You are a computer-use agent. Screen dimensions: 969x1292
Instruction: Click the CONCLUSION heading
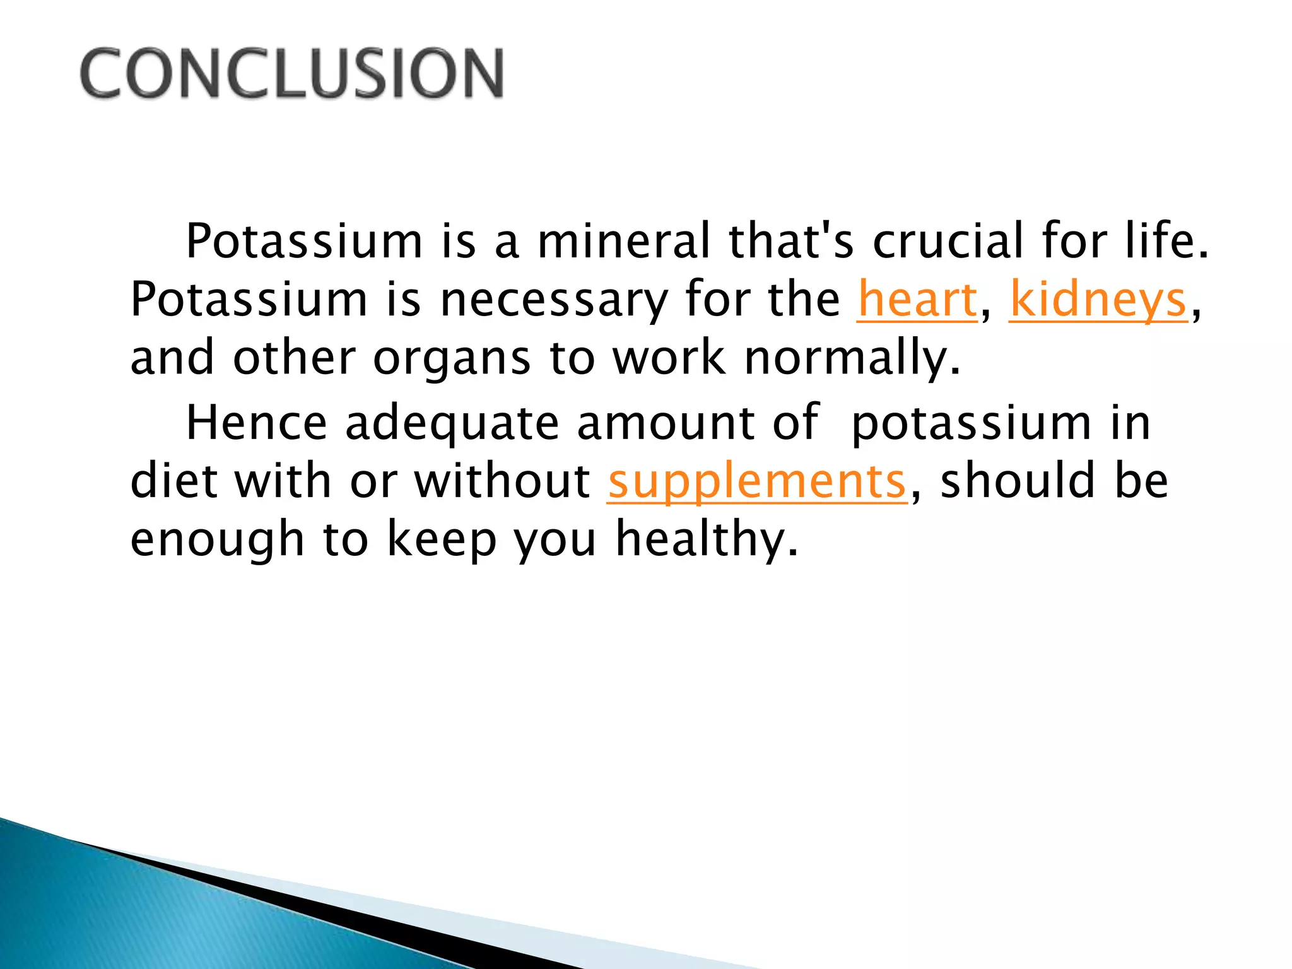pyautogui.click(x=291, y=74)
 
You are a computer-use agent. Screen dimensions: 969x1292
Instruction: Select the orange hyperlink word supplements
pyautogui.click(x=757, y=482)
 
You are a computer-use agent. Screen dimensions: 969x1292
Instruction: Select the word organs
pyautogui.click(x=452, y=358)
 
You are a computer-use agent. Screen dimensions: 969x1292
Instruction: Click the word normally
pyautogui.click(x=852, y=358)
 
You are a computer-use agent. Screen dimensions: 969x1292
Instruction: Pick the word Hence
pyautogui.click(x=256, y=423)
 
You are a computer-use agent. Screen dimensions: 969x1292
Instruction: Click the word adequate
pyautogui.click(x=452, y=423)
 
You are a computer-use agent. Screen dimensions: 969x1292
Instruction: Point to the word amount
pyautogui.click(x=666, y=423)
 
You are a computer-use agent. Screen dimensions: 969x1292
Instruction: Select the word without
pyautogui.click(x=502, y=482)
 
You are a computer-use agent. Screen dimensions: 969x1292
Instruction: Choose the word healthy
pyautogui.click(x=707, y=540)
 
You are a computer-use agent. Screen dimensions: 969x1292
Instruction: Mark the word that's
pyautogui.click(x=791, y=242)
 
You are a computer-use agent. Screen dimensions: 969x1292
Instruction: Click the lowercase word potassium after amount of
pyautogui.click(x=971, y=423)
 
